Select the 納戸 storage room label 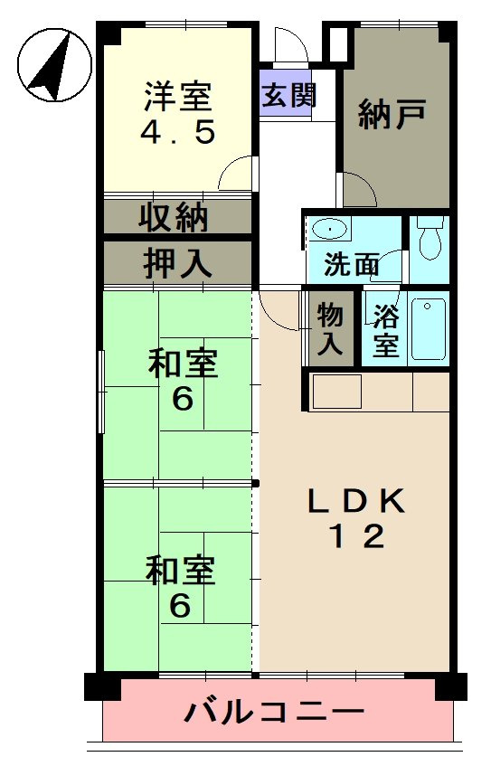(392, 116)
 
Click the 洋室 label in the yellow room (178, 95)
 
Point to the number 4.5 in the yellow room (177, 133)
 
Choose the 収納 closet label (175, 218)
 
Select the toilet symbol (430, 238)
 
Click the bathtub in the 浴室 (428, 329)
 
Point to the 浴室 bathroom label (386, 331)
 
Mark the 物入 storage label (330, 329)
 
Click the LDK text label (356, 500)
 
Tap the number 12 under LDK (355, 538)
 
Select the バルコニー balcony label (275, 712)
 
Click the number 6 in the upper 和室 (183, 399)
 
